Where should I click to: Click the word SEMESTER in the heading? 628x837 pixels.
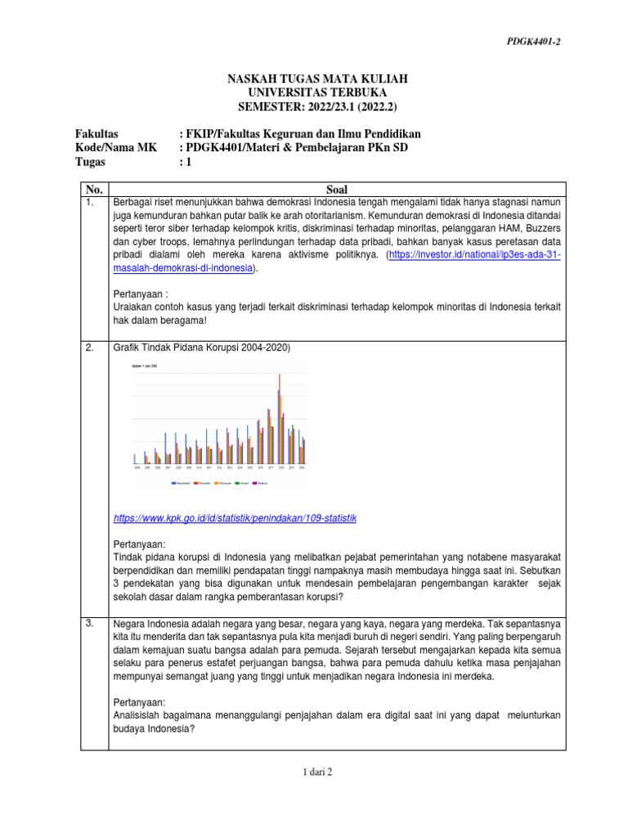coord(267,107)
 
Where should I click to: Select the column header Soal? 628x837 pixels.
coord(337,189)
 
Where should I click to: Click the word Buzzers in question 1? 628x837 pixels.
coord(541,227)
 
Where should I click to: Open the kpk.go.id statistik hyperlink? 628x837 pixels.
coord(235,518)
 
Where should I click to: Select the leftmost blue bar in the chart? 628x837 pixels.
coord(134,459)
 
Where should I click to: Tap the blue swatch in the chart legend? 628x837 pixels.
coord(173,482)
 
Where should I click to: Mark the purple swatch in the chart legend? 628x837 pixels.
coord(254,482)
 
